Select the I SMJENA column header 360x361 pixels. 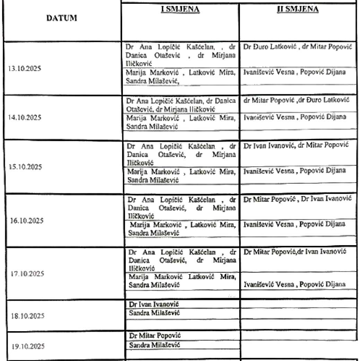180,9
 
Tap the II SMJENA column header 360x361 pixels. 297,9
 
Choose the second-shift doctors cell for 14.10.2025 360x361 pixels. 296,100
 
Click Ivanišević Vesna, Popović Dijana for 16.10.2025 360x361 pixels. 294,224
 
